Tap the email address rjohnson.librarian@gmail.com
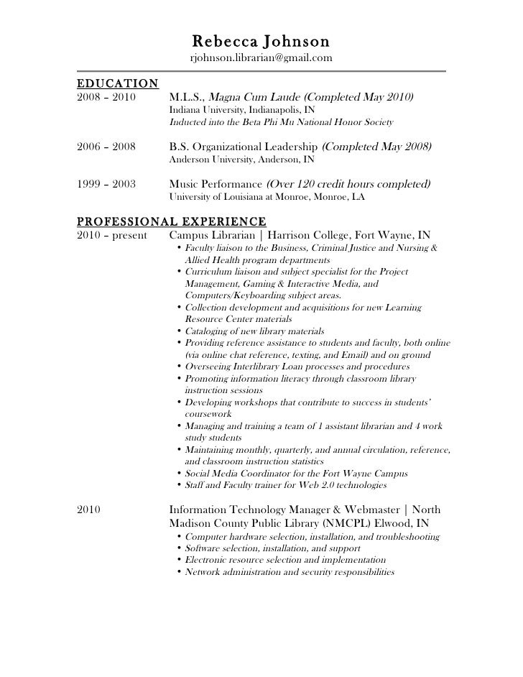pos(261,57)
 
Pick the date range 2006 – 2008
pos(105,147)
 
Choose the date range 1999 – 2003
pos(105,184)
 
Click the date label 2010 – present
pos(111,235)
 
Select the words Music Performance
pos(215,184)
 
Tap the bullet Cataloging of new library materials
pos(254,331)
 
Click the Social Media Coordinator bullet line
pos(296,474)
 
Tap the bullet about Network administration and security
pos(290,572)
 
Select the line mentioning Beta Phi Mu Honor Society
pos(281,123)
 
